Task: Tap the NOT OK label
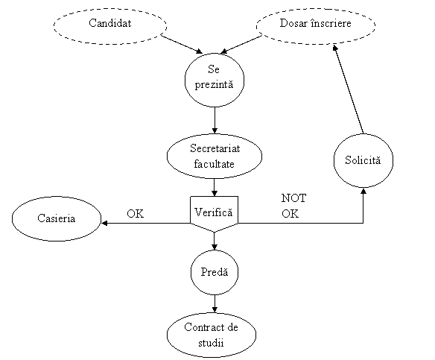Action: tap(293, 206)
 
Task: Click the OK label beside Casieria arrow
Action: tap(136, 214)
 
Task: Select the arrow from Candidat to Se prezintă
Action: tap(182, 44)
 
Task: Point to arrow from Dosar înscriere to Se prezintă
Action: tap(241, 44)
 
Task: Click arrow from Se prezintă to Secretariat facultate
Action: tap(215, 121)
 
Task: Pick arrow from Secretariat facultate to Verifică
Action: tap(215, 187)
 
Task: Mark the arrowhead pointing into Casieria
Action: tap(104, 223)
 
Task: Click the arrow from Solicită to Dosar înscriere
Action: tap(349, 89)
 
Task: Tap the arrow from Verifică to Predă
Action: tap(215, 241)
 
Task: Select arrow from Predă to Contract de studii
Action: tap(215, 304)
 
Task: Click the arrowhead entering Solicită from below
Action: tap(363, 191)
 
